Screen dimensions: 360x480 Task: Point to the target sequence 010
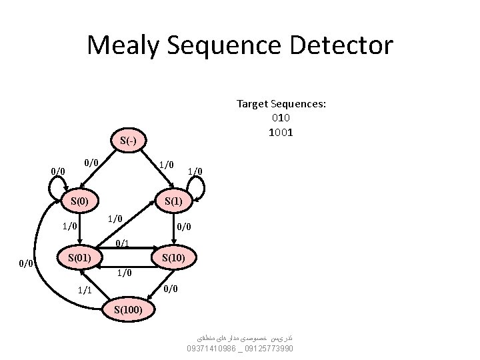coord(281,118)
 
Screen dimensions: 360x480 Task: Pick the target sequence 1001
coord(281,132)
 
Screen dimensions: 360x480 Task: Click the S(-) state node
coord(129,141)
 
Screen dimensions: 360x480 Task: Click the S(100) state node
coord(129,309)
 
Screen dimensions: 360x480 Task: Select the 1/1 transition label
coord(85,290)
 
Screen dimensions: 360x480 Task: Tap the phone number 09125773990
coord(269,349)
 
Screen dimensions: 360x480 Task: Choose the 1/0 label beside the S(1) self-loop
coord(195,171)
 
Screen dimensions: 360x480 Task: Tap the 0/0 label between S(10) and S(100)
coord(171,288)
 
